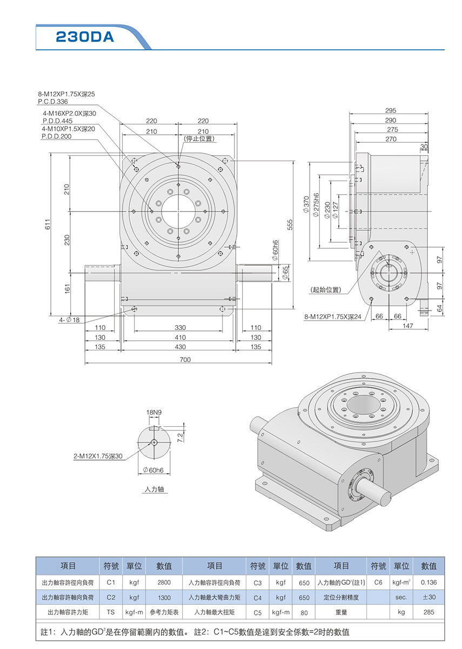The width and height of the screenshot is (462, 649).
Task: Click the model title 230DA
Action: pos(85,37)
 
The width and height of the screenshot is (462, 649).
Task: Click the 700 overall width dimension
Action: pos(185,360)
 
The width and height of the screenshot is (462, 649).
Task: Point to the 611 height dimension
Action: pos(48,225)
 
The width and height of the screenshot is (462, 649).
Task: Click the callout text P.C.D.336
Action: pos(52,101)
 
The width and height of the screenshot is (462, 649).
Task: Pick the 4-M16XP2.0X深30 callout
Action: pos(69,114)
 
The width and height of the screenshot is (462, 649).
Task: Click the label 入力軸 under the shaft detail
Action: pos(154,489)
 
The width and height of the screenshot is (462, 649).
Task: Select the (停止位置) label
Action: pos(199,139)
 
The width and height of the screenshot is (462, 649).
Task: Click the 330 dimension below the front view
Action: pos(180,328)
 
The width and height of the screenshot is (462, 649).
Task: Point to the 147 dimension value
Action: pos(407,326)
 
